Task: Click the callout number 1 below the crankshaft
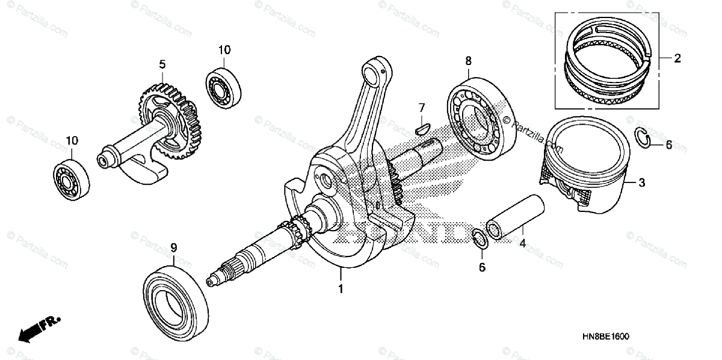[341, 289]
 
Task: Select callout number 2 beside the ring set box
[677, 58]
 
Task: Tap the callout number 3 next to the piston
[641, 182]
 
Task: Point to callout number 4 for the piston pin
[523, 244]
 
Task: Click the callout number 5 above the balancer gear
[162, 64]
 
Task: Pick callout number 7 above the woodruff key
[422, 108]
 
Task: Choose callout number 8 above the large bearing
[468, 60]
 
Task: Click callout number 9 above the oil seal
[173, 247]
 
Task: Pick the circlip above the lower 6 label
[480, 238]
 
